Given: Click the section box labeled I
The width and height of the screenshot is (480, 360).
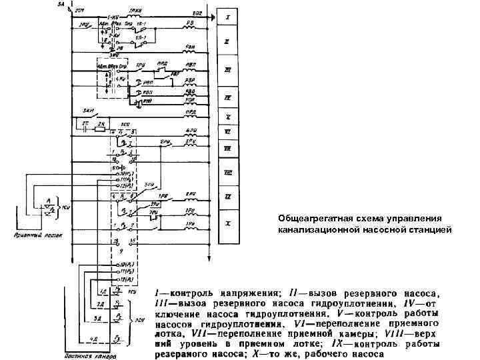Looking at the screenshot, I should [x=228, y=15].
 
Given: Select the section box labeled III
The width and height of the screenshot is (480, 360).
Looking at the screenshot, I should [x=228, y=69].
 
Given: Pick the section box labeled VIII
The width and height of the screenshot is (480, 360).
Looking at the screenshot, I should [x=228, y=173].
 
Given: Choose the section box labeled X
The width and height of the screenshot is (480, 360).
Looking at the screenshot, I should [x=228, y=223].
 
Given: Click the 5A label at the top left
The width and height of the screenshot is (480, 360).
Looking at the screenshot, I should [x=60, y=4].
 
